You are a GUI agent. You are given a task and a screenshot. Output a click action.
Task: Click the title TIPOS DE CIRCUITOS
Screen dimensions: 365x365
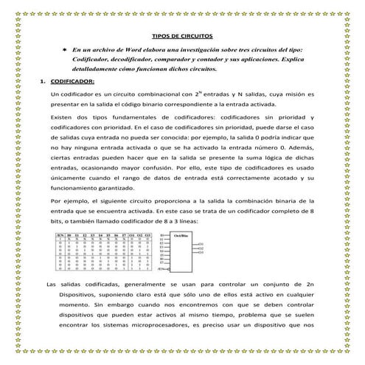click(x=182, y=35)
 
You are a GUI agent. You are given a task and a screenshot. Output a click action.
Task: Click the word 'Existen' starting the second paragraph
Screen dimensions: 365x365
click(x=61, y=118)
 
